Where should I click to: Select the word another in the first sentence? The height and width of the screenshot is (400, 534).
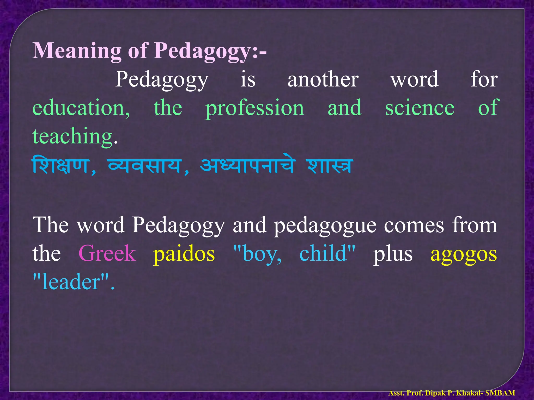323,79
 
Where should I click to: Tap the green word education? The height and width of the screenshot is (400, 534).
81,108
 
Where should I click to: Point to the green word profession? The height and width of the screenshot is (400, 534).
255,108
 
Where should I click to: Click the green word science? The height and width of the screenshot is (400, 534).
420,108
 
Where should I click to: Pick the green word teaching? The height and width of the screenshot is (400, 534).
72,136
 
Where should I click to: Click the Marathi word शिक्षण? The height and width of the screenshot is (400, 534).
62,166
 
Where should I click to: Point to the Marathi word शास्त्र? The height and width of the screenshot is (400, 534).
330,166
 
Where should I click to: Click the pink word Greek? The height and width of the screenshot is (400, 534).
107,253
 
